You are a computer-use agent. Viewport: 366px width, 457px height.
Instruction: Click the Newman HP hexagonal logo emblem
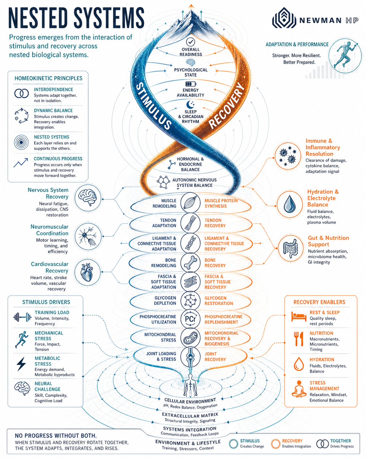[284, 18]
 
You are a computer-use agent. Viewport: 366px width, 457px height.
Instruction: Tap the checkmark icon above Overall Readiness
[191, 42]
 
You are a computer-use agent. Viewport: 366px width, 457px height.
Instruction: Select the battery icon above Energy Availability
[191, 84]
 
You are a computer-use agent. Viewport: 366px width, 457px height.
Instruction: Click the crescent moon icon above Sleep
[190, 105]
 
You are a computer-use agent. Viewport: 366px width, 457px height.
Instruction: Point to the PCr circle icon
[190, 319]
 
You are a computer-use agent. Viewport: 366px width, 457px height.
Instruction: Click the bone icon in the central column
[191, 263]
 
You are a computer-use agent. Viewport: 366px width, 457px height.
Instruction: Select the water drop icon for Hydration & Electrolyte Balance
[289, 204]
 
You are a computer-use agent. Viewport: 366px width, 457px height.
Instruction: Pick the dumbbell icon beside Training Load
[22, 317]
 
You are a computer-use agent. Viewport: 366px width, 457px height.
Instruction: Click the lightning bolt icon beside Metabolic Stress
[21, 364]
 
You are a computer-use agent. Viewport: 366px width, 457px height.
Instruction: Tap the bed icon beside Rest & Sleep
[298, 317]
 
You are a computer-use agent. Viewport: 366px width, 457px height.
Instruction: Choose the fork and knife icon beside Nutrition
[298, 339]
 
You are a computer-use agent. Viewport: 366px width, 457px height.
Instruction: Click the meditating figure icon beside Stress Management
[299, 389]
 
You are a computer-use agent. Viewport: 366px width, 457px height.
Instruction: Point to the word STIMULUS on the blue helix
[153, 106]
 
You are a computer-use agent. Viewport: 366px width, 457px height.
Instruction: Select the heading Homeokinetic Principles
[49, 78]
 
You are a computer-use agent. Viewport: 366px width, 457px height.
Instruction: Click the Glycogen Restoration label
[219, 301]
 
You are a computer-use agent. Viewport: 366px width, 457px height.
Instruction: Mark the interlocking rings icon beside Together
[322, 444]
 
